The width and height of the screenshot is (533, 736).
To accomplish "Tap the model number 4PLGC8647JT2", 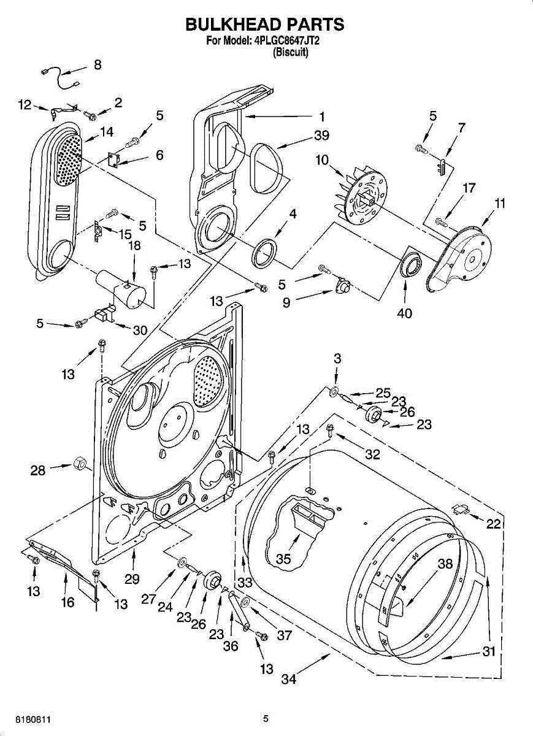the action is click(x=287, y=42).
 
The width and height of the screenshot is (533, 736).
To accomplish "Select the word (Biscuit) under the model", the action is click(x=291, y=52).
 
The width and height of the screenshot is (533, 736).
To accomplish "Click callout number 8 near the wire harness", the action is click(x=98, y=64).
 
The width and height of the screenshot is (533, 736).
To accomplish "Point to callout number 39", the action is click(x=321, y=136).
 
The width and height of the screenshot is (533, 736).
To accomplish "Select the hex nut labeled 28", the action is click(x=80, y=464).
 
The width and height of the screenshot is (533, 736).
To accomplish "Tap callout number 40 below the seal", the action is click(x=405, y=313).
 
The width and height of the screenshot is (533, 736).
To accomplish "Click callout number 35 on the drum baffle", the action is click(x=283, y=559).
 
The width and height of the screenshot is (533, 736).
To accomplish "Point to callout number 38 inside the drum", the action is click(x=445, y=564).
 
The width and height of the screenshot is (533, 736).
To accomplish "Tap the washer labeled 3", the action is click(x=335, y=392).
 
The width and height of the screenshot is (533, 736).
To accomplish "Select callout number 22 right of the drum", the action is click(x=493, y=524).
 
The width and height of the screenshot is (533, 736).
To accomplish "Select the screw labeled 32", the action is click(x=330, y=431).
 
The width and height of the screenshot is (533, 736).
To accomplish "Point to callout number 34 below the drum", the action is click(x=289, y=679).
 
